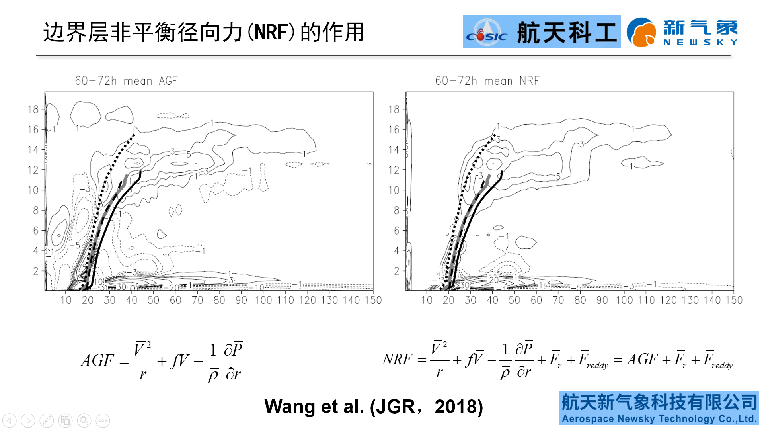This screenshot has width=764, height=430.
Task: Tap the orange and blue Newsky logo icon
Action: (641, 32)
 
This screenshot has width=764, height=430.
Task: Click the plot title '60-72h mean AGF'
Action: (126, 81)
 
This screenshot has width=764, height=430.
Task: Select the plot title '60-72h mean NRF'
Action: (487, 81)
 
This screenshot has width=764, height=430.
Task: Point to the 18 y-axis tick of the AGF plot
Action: (33, 109)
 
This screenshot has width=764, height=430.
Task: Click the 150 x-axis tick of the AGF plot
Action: (373, 300)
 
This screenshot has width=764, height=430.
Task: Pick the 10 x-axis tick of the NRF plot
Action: (427, 300)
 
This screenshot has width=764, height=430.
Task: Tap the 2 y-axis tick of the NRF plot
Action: (396, 271)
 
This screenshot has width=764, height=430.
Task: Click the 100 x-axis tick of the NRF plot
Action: (624, 300)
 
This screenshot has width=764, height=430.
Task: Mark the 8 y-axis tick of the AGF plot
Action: (35, 210)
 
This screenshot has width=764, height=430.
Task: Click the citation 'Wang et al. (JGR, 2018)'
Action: (373, 407)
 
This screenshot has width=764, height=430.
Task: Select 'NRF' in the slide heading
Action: (271, 32)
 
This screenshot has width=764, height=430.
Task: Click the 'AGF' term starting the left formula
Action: (97, 361)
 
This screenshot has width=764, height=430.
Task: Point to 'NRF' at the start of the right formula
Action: (397, 359)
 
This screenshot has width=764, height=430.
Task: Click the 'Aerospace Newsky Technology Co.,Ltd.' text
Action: (659, 419)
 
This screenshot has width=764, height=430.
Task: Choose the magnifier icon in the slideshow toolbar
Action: (84, 420)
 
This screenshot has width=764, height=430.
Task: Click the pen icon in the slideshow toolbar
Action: (47, 420)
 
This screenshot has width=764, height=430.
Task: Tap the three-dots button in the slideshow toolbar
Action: (103, 420)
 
